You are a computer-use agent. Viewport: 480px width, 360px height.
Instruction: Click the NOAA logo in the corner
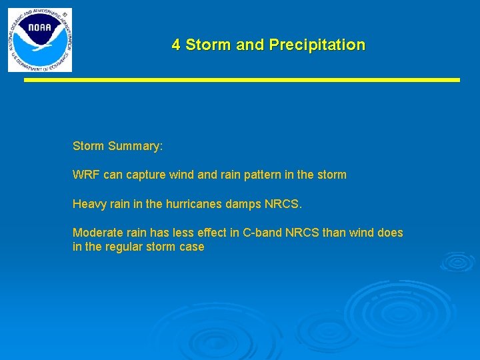point(40,40)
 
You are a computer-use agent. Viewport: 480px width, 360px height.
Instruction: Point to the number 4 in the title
point(176,45)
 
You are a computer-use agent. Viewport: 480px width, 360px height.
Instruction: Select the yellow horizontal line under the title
point(243,80)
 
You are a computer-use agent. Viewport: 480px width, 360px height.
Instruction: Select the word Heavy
point(87,204)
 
